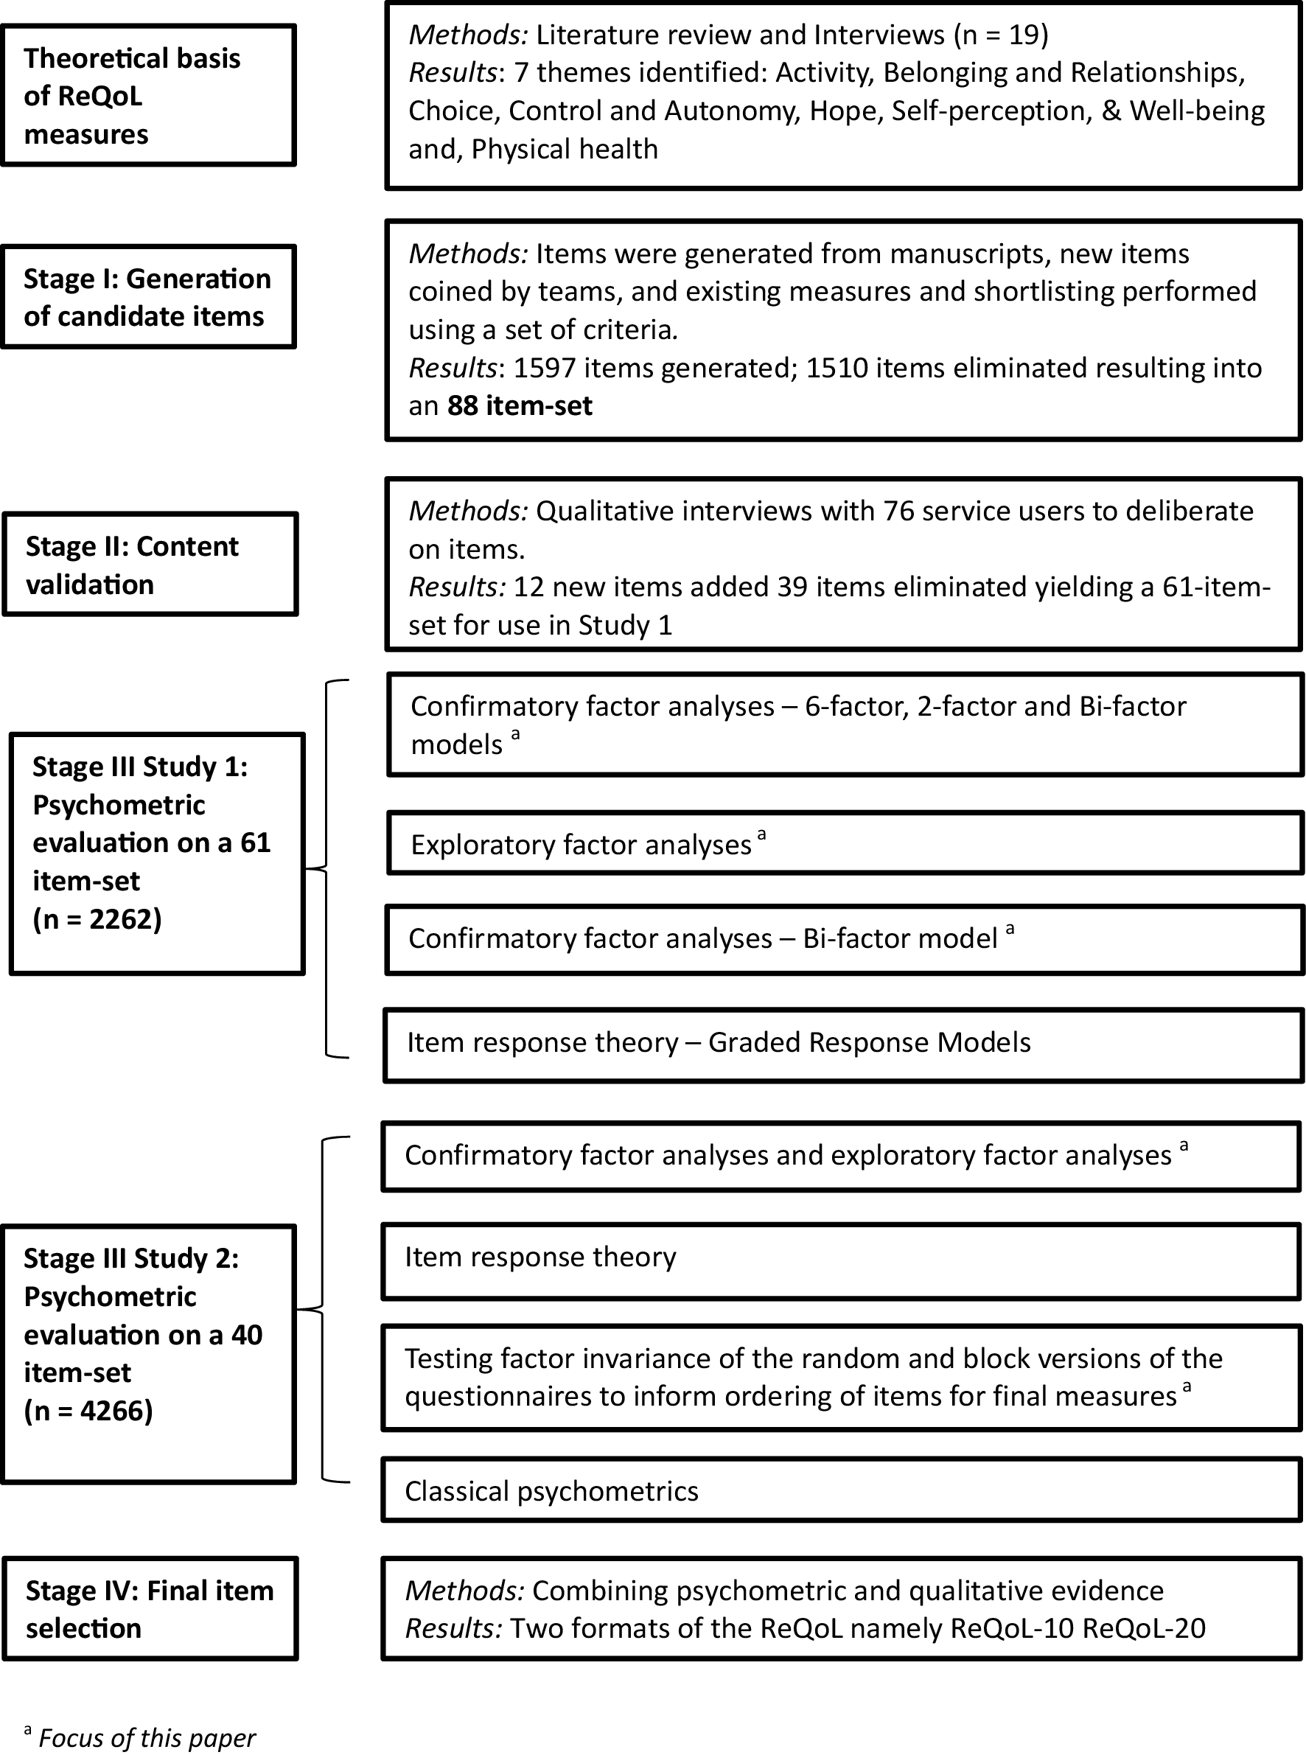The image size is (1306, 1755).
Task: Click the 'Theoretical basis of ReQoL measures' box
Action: tap(148, 96)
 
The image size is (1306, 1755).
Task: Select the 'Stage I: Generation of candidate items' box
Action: tap(148, 297)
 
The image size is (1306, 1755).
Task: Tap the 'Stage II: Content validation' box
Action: tap(150, 565)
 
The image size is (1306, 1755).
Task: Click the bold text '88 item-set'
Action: tap(520, 405)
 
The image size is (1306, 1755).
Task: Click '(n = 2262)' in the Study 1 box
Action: tap(97, 918)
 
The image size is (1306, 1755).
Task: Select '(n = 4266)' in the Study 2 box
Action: tap(88, 1410)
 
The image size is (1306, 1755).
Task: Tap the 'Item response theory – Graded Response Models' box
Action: tap(842, 1044)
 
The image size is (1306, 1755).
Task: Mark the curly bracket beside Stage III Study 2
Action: tap(323, 1309)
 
